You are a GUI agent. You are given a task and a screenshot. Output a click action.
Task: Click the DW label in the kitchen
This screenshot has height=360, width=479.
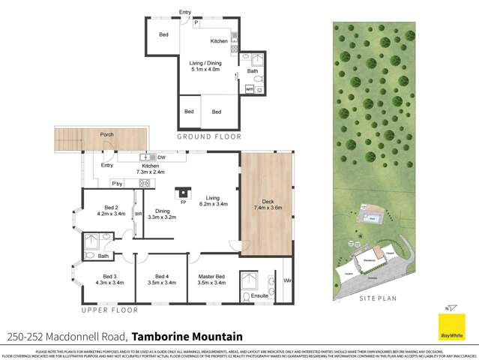pyautogui.click(x=162, y=157)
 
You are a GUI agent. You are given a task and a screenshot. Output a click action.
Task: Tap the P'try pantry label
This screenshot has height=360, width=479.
pyautogui.click(x=117, y=183)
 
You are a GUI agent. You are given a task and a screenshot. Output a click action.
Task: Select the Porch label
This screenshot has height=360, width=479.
pyautogui.click(x=107, y=135)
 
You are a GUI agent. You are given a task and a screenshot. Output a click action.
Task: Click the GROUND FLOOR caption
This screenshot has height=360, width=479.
pyautogui.click(x=208, y=136)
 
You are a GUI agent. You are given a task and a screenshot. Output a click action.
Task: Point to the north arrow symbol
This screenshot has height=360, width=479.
pyautogui.click(x=449, y=308)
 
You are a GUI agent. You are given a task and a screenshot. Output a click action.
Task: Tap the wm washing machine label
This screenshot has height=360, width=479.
pyautogui.click(x=249, y=90)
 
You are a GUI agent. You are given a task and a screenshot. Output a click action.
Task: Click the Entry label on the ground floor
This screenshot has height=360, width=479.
pyautogui.click(x=185, y=12)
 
